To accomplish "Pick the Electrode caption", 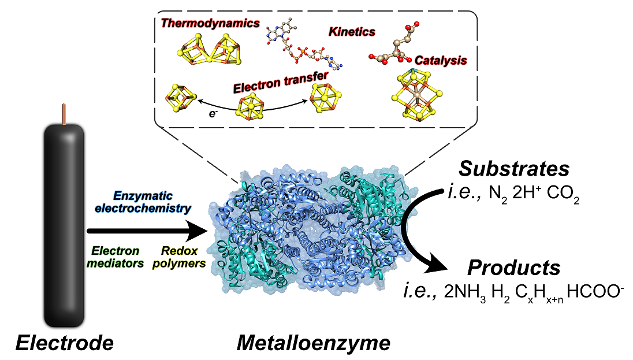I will point(64,343).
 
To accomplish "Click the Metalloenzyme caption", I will point(314,343).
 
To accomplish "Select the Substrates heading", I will point(514,169).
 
